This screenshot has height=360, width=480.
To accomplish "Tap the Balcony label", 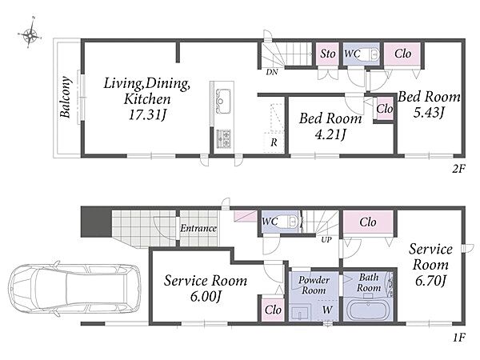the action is pos(66,97).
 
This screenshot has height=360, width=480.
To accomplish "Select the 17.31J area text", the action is pos(147,114).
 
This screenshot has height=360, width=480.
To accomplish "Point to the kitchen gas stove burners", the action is pos(223,138).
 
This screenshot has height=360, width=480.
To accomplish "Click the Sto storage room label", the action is pos(328,54).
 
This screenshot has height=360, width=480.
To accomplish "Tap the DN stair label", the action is pos(272,72).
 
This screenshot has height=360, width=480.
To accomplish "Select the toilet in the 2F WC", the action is pos(369,54).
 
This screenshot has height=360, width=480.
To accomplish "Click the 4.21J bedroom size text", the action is pos(330,134).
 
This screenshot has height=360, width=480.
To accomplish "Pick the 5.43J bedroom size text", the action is pos(429,113).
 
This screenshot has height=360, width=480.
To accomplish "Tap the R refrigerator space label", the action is pos(274,142).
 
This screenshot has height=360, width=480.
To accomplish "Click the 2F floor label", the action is pos(458,169).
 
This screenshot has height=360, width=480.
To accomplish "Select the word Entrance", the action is pos(198,228).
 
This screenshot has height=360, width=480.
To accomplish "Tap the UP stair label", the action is pos(326,240).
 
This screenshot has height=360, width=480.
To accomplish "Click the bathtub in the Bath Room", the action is pos(369,310).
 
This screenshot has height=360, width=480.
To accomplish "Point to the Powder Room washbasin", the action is pos(300,313).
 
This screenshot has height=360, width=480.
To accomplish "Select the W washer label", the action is pos(327,310).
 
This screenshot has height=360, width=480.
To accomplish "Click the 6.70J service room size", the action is pos(430,281).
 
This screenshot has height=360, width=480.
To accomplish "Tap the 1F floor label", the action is pos(459,338).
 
